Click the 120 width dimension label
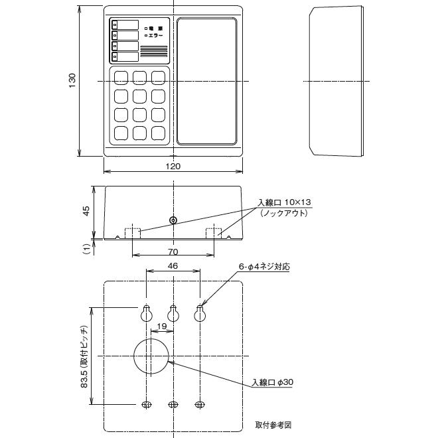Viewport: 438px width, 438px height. click(x=173, y=167)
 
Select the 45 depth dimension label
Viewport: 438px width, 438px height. click(x=86, y=211)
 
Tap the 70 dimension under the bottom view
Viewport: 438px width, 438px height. click(x=173, y=252)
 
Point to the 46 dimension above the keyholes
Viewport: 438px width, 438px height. click(x=173, y=265)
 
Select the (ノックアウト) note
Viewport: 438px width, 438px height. click(x=283, y=213)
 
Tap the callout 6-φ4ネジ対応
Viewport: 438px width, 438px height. click(x=264, y=266)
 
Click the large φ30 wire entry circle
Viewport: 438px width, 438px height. click(x=152, y=356)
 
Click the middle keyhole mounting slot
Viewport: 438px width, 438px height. click(x=173, y=313)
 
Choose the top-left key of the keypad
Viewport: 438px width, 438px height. click(x=121, y=77)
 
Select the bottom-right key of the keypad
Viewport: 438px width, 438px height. click(x=157, y=133)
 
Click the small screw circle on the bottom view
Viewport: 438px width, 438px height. click(x=173, y=220)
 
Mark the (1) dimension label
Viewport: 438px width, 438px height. click(x=86, y=248)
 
